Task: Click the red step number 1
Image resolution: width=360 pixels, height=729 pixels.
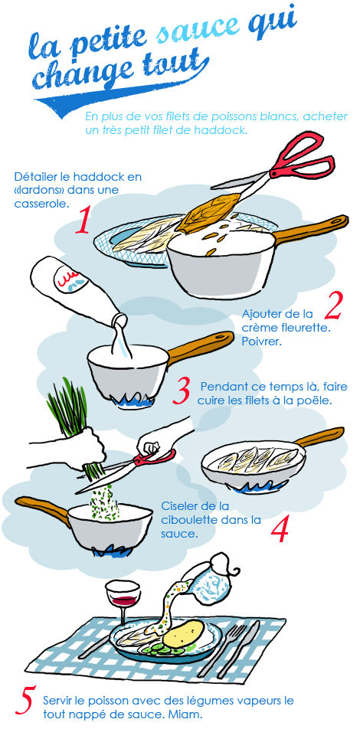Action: tap(82, 221)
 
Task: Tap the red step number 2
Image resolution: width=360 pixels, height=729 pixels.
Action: tap(333, 306)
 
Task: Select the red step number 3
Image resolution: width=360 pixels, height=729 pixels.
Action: tap(182, 391)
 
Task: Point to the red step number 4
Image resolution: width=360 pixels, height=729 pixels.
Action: tap(279, 530)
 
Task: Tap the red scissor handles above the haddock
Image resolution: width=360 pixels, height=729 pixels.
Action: tap(301, 156)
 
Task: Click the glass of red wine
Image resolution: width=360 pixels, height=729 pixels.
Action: tap(123, 600)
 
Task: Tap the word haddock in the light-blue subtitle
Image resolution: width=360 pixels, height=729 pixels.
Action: tap(223, 130)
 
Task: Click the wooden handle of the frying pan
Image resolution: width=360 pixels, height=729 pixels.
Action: tap(319, 437)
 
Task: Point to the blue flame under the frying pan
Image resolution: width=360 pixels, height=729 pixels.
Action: tap(252, 485)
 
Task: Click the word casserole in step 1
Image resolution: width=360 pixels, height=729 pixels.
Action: tap(38, 203)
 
